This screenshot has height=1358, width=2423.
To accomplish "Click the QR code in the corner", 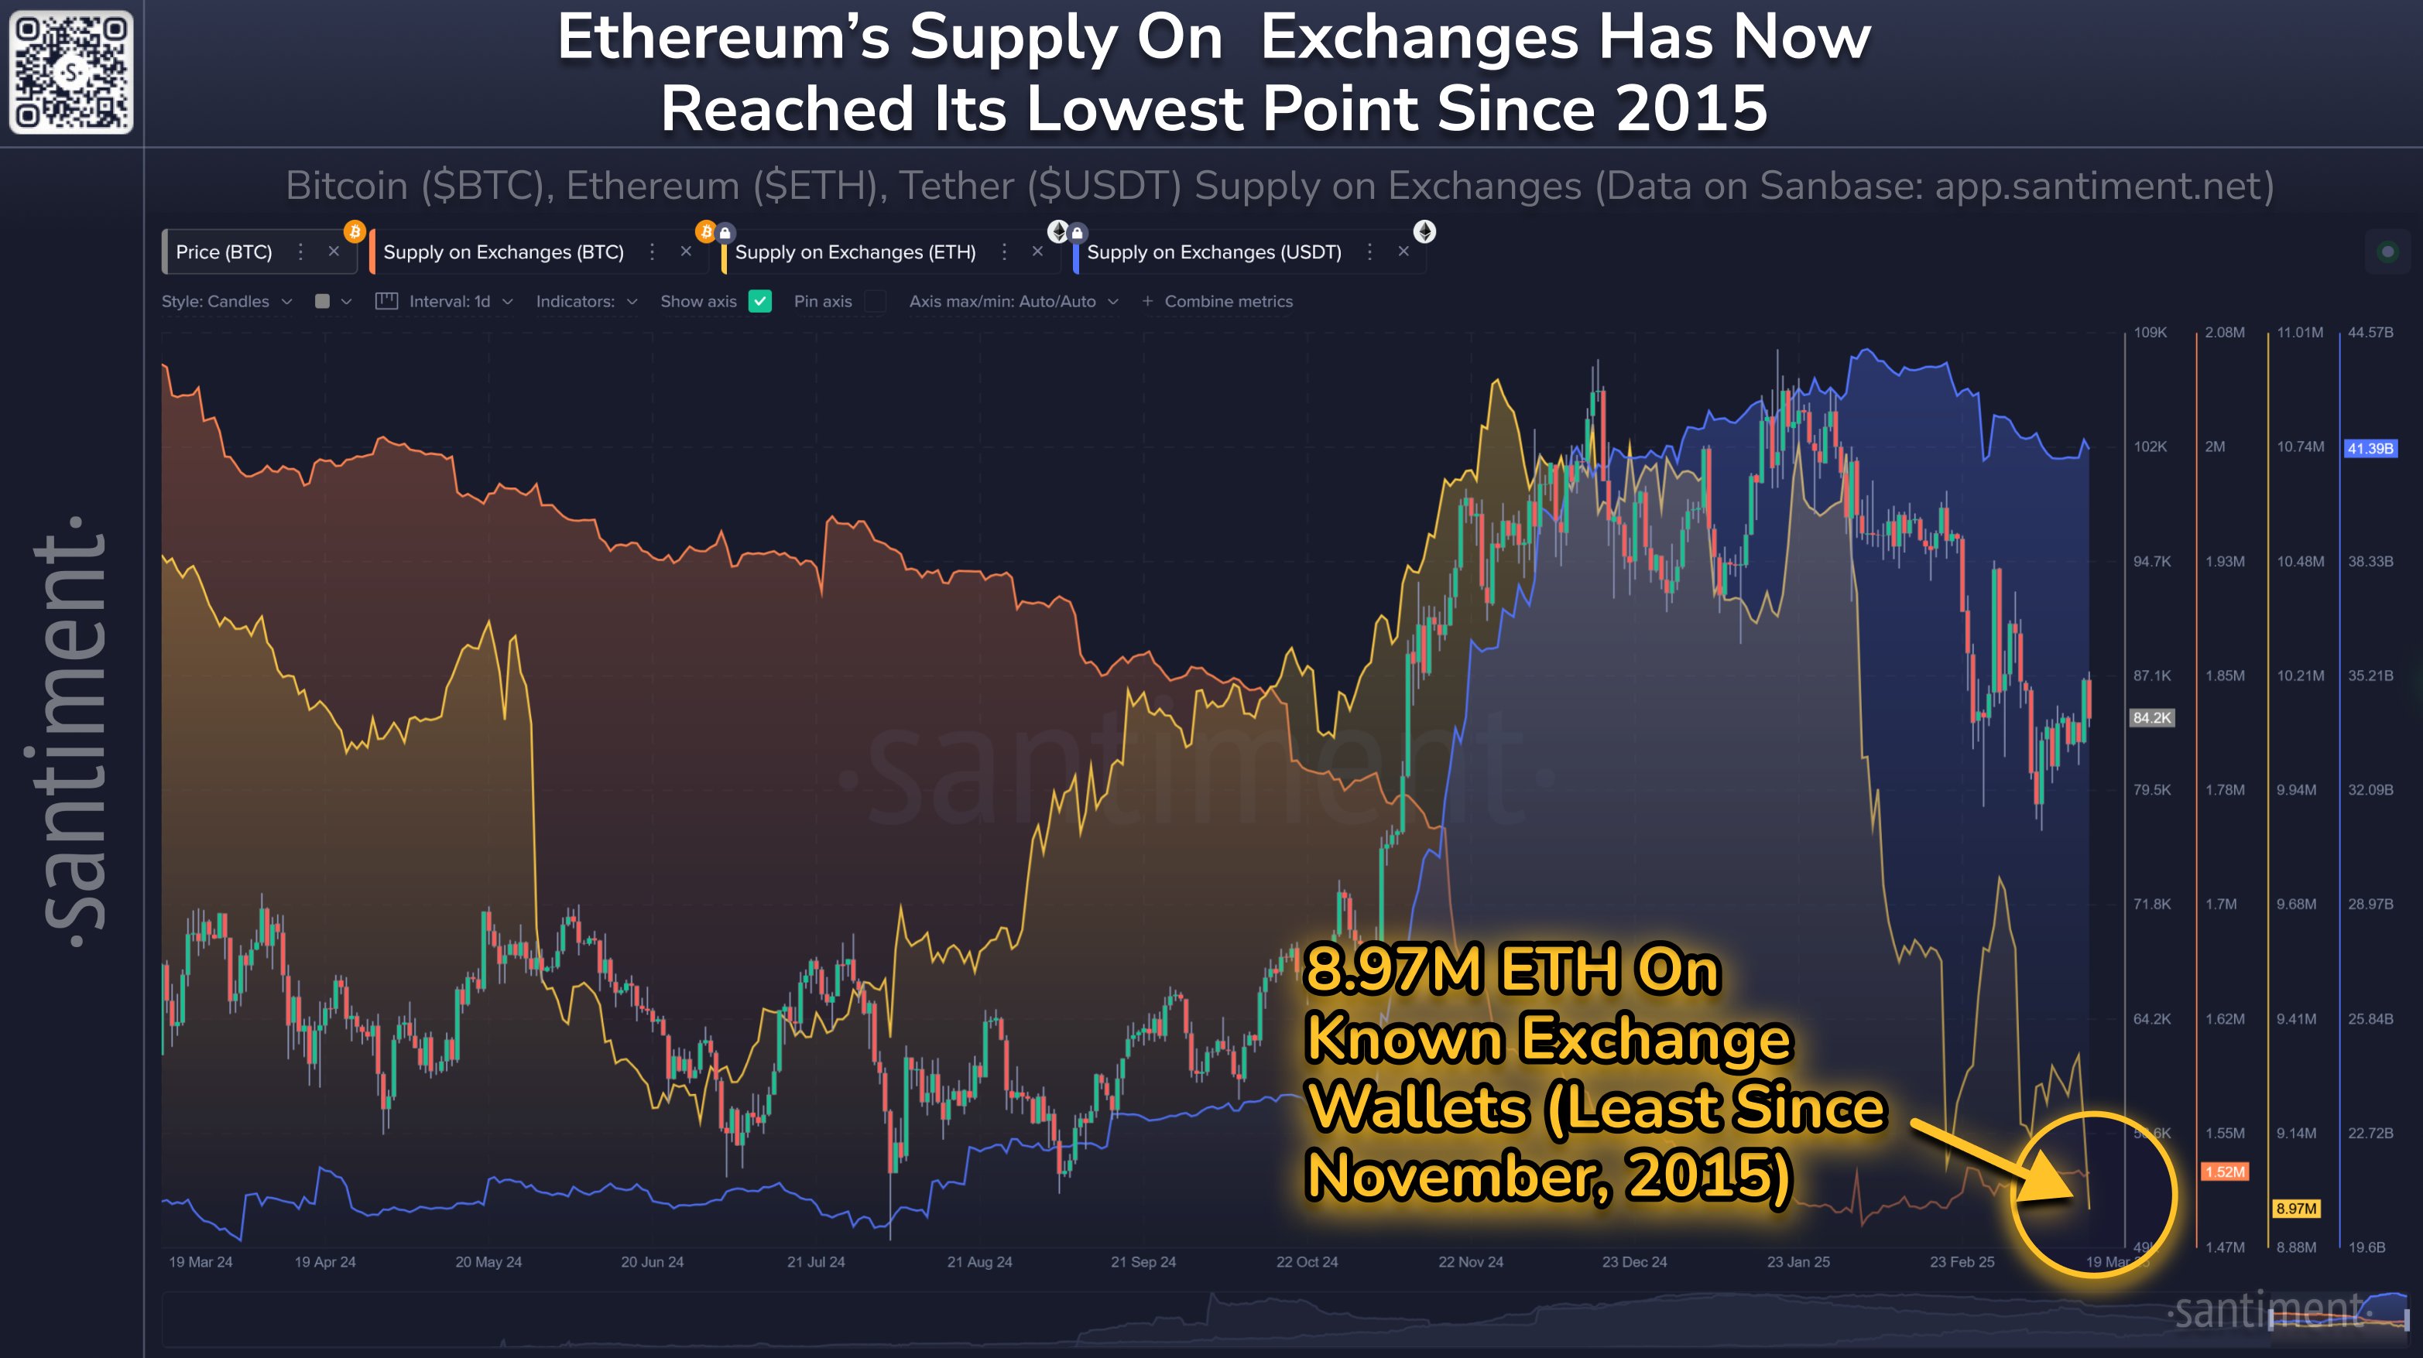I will [71, 73].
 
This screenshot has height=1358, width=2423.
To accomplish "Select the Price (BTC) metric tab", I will [224, 252].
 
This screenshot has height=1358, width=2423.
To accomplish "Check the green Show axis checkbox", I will [760, 301].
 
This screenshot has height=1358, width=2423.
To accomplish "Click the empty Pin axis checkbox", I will [875, 301].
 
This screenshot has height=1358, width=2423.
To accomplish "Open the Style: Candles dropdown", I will [227, 302].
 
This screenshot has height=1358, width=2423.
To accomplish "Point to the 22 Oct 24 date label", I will [1307, 1262].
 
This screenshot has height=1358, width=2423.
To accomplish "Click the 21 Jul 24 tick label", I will [815, 1262].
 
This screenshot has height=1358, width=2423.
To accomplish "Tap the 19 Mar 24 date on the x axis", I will [200, 1262].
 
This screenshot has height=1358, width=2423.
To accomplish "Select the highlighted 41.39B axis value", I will [2370, 449].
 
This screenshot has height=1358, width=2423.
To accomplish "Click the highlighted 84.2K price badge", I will [2152, 717].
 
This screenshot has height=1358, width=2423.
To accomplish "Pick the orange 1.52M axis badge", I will [2225, 1172].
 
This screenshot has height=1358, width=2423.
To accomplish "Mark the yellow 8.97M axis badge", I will [2296, 1209].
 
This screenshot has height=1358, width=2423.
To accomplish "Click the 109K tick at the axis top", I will [2151, 333].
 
